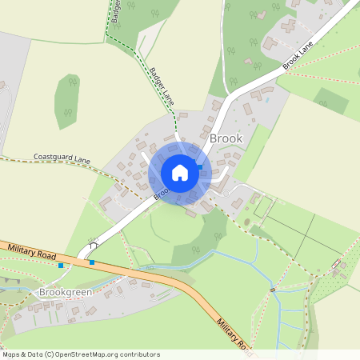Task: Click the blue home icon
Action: [179, 173]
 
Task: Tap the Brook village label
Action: [225, 138]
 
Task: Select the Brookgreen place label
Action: [66, 293]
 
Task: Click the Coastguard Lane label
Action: [62, 160]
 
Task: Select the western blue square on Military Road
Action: [61, 265]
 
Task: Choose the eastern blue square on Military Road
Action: [92, 262]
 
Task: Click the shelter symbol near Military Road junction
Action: [93, 239]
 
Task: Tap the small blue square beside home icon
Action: [198, 162]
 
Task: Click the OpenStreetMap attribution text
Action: [81, 354]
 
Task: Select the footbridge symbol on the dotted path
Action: [273, 289]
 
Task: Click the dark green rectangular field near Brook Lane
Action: [331, 100]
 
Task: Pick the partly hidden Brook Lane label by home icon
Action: [160, 192]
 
